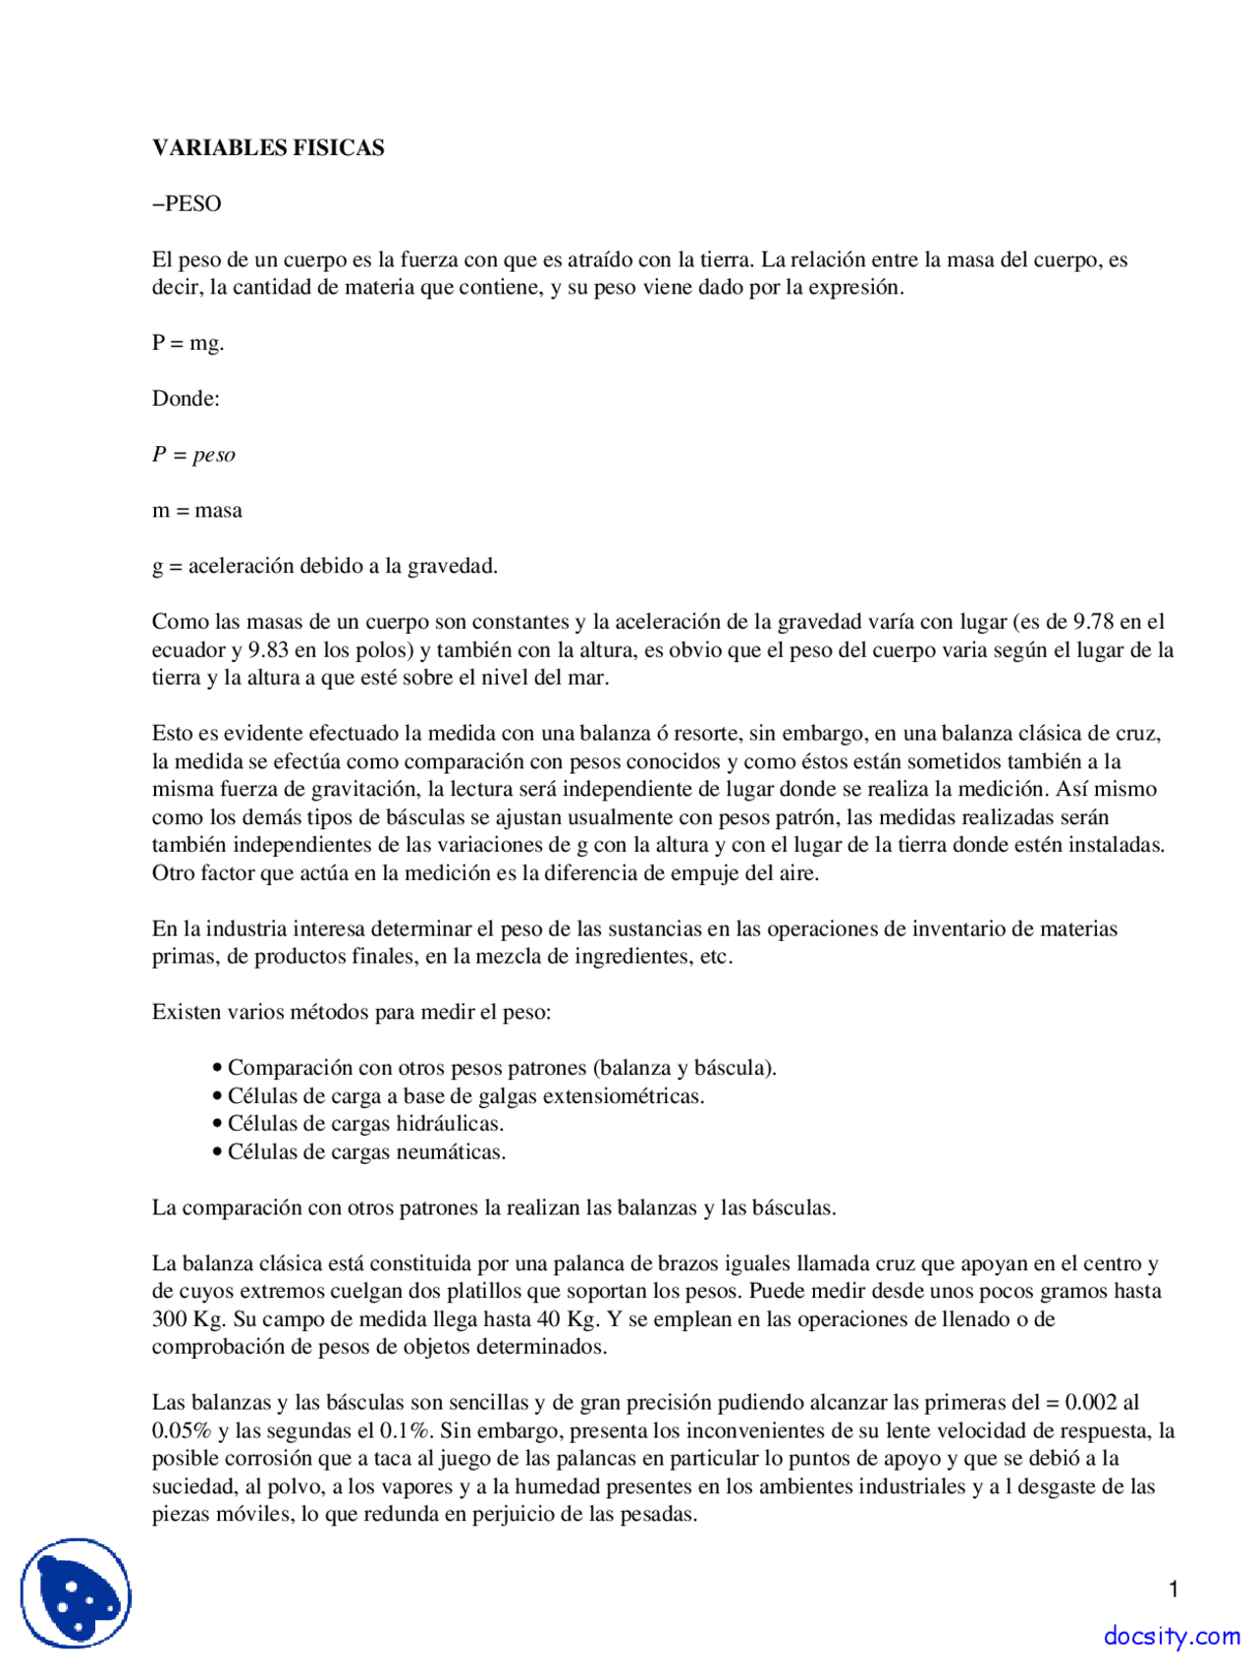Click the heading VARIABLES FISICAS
[267, 148]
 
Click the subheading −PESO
[187, 204]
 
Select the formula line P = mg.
[188, 344]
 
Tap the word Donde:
[186, 399]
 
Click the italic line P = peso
[193, 455]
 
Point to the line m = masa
[196, 511]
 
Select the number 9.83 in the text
[268, 650]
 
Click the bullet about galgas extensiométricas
[465, 1096]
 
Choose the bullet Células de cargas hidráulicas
[365, 1124]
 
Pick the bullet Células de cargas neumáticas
[366, 1152]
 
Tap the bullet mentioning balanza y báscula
[501, 1069]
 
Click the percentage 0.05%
[182, 1431]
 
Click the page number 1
[1173, 1589]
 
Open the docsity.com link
[1171, 1637]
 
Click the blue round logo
[76, 1593]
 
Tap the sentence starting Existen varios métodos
[352, 1013]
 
